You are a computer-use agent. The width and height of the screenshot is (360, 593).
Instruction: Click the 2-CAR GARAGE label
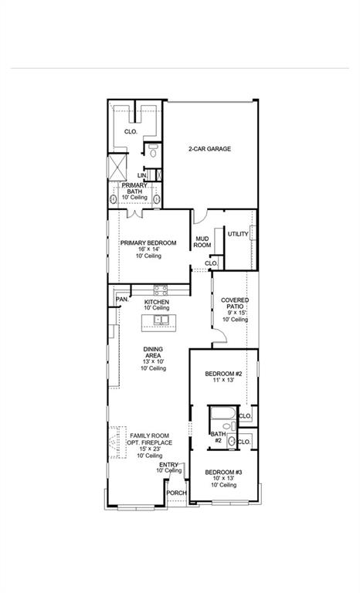[210, 149]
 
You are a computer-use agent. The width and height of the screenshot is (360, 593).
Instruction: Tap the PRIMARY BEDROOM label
[148, 242]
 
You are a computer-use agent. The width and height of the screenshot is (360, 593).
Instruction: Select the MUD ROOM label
[202, 242]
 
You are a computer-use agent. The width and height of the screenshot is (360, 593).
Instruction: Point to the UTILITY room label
[237, 234]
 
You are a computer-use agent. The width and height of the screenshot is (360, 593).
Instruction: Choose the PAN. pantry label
[121, 300]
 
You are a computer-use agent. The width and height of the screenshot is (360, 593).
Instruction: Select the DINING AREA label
[153, 352]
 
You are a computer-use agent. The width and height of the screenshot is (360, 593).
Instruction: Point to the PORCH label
[176, 493]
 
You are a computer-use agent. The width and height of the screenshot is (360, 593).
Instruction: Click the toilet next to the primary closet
[153, 151]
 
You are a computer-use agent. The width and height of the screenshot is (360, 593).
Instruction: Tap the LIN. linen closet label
[143, 175]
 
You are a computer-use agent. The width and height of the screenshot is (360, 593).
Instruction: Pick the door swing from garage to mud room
[201, 217]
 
